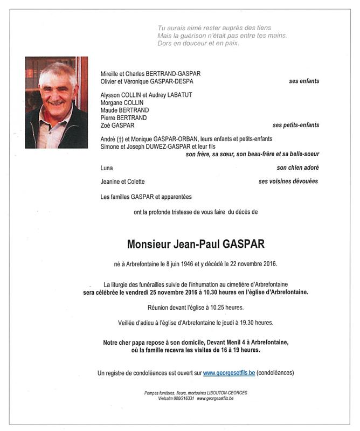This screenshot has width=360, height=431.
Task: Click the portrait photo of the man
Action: pos(56,102)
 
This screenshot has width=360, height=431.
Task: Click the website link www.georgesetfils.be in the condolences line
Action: pos(229,373)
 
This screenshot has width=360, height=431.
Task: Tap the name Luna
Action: pos(107,168)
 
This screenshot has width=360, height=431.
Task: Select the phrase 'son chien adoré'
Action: pos(297,168)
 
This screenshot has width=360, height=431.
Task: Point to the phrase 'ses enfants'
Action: pos(304,81)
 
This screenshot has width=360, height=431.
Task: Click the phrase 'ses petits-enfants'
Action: pos(296,126)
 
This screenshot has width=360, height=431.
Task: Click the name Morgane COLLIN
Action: pos(122,103)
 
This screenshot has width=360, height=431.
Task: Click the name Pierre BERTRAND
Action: pos(123,118)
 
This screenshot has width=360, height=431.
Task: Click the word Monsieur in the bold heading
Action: pos(148,244)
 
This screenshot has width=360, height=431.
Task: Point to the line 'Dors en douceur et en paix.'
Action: pos(198,44)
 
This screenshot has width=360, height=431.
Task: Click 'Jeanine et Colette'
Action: pos(122,182)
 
